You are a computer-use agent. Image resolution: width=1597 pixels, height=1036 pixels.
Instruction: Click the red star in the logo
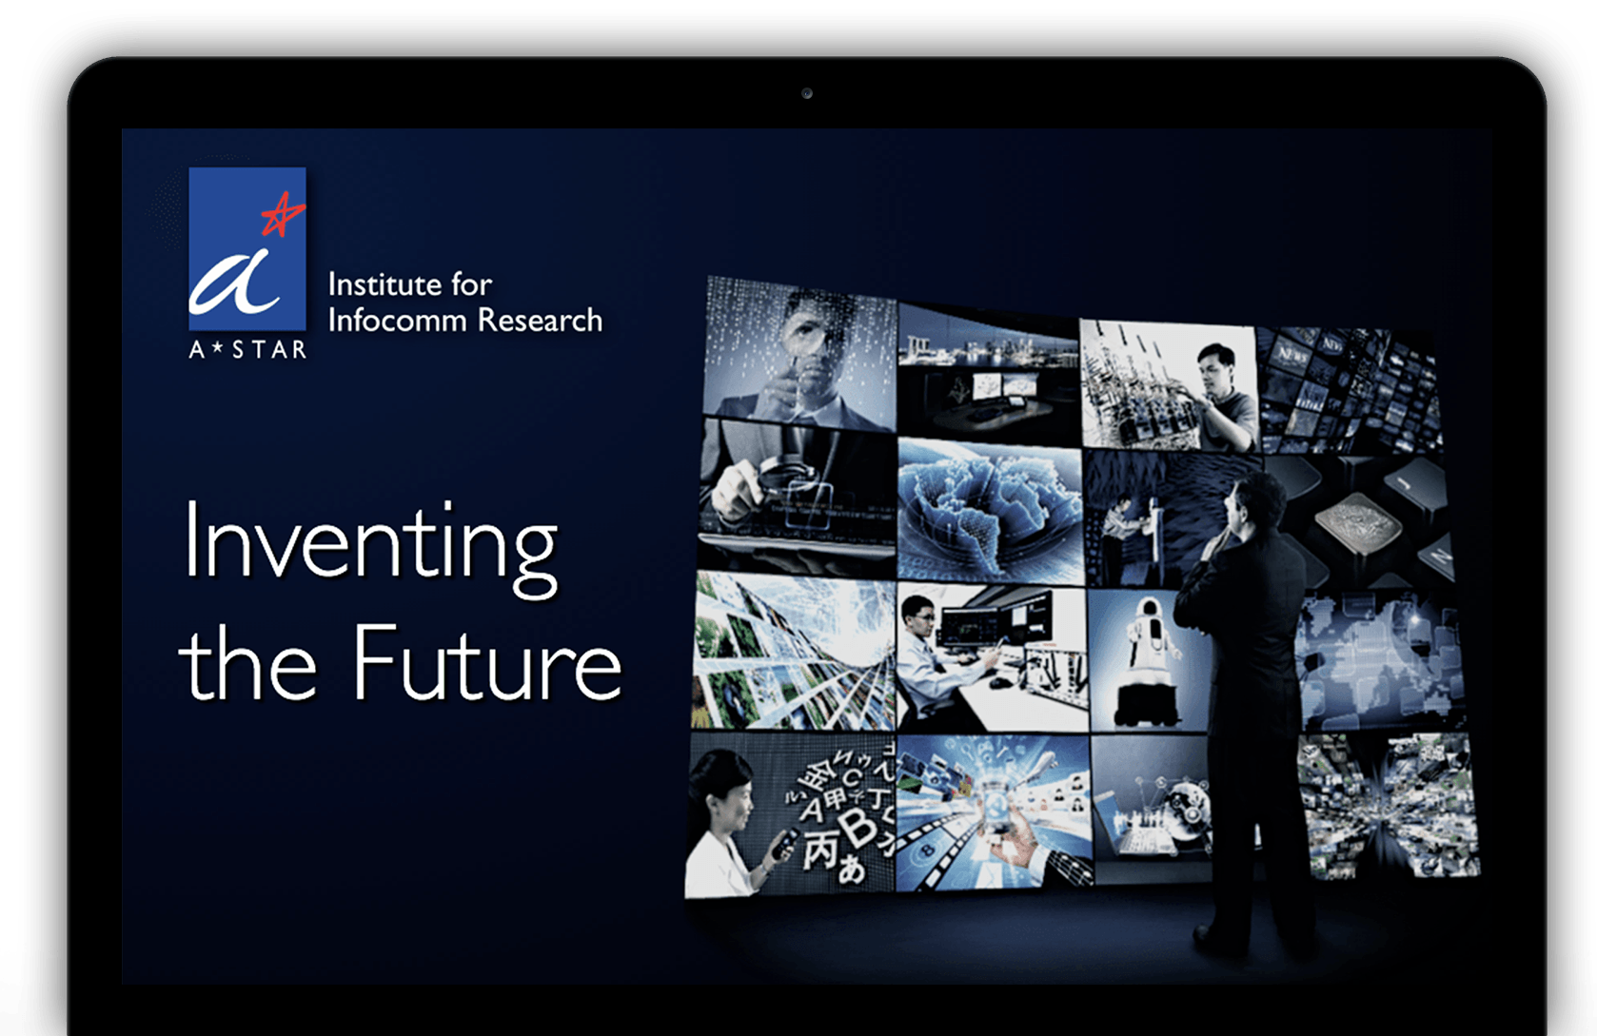[283, 213]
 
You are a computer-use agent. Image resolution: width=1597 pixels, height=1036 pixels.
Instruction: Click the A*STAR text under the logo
[247, 349]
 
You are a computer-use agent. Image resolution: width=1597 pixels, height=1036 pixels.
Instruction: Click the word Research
[540, 320]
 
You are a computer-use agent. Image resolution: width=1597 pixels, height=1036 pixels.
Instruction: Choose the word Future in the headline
[487, 663]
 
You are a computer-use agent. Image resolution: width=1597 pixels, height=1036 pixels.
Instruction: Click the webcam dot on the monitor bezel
[806, 93]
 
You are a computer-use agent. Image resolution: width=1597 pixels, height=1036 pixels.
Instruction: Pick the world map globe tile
[990, 510]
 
